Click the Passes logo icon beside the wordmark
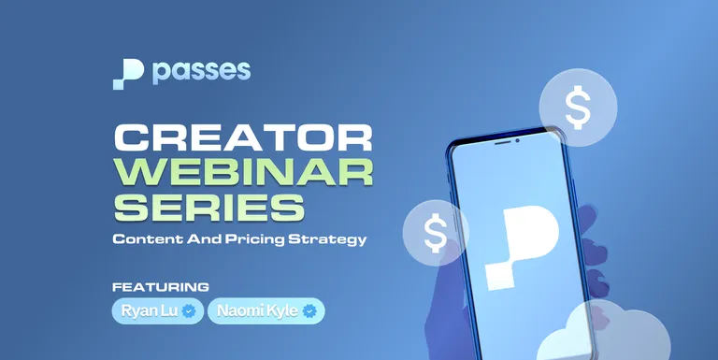127,74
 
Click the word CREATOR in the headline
242,139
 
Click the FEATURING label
160,286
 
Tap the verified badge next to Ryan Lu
189,310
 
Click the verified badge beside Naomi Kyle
309,310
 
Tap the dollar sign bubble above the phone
579,108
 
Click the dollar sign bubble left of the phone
436,233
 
